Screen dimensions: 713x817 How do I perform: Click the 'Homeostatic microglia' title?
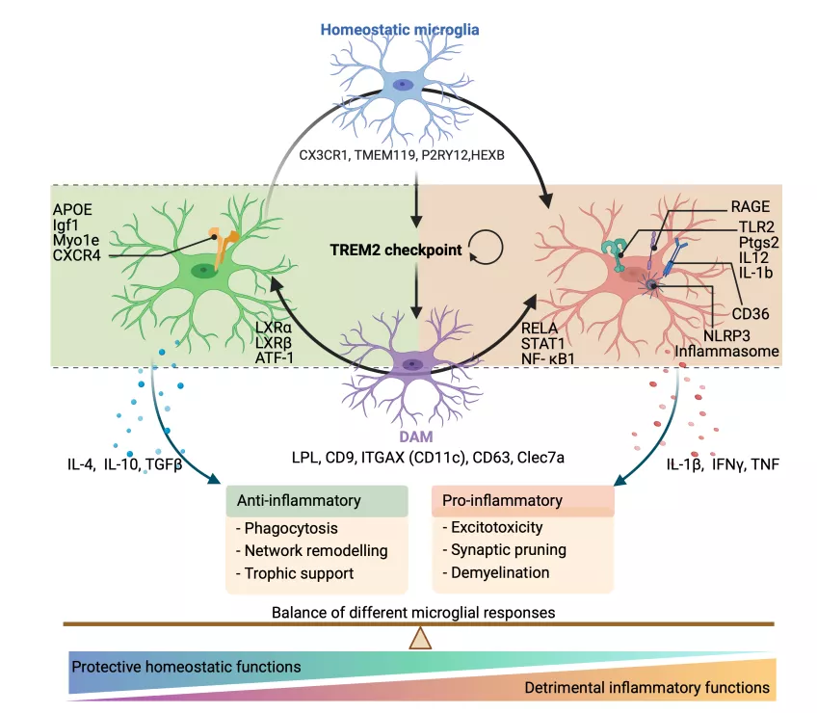point(400,30)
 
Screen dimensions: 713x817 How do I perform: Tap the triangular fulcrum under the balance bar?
point(421,638)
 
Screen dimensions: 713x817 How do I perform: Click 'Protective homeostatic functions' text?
point(186,667)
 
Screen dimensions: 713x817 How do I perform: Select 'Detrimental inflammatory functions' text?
point(647,688)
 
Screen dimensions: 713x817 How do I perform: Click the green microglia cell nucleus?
point(203,272)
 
